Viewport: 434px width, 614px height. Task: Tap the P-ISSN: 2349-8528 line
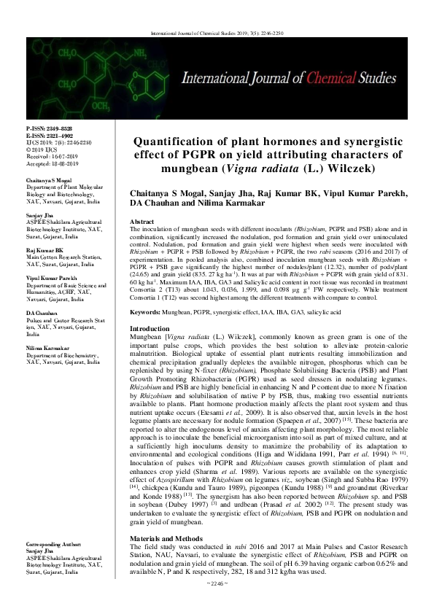coord(48,128)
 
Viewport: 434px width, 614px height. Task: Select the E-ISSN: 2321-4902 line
coord(48,135)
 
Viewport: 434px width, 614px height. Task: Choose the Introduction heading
coord(148,329)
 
